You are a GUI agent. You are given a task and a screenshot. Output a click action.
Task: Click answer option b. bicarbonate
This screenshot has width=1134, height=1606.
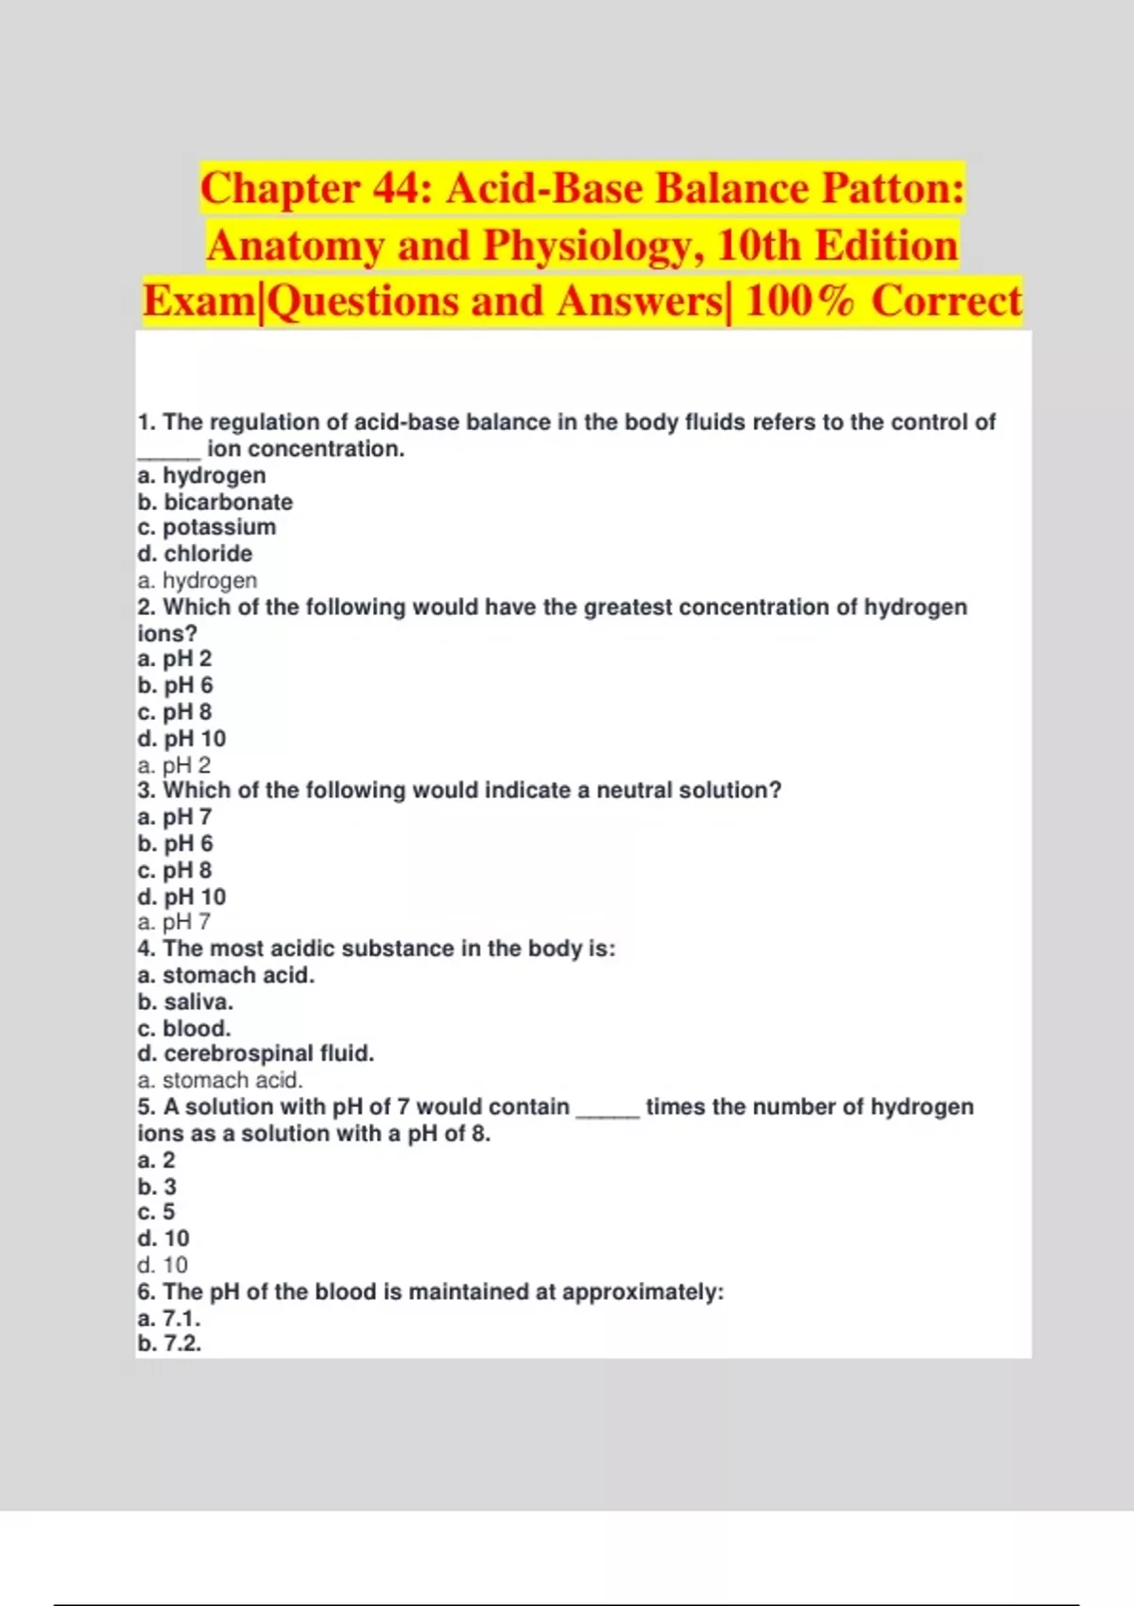coord(215,502)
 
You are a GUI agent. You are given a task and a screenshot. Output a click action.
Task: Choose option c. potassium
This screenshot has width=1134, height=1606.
coord(206,527)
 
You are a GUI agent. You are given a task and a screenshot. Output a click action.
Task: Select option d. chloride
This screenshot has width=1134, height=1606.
coord(195,554)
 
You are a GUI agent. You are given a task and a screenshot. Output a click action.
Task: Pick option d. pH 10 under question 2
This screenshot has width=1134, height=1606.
coord(181,739)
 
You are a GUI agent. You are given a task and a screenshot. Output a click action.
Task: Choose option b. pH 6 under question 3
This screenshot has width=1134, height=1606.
coord(175,844)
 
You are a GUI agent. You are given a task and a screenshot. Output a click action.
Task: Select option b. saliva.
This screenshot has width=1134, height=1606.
coord(185,1001)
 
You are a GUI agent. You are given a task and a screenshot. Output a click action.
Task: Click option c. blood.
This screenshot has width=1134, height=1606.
coord(183,1028)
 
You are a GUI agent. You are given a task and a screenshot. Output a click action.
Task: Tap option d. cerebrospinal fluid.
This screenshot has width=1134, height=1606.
coord(255,1053)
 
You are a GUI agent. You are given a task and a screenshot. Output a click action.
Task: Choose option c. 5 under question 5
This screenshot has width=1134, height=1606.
coord(156,1212)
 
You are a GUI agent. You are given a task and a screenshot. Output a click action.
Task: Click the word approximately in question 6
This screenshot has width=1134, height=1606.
coord(643,1291)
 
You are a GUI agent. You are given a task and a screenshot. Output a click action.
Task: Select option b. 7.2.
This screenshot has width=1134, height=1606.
coord(169,1343)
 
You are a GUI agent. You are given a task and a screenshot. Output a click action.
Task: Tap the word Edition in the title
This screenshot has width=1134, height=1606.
coord(885,246)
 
